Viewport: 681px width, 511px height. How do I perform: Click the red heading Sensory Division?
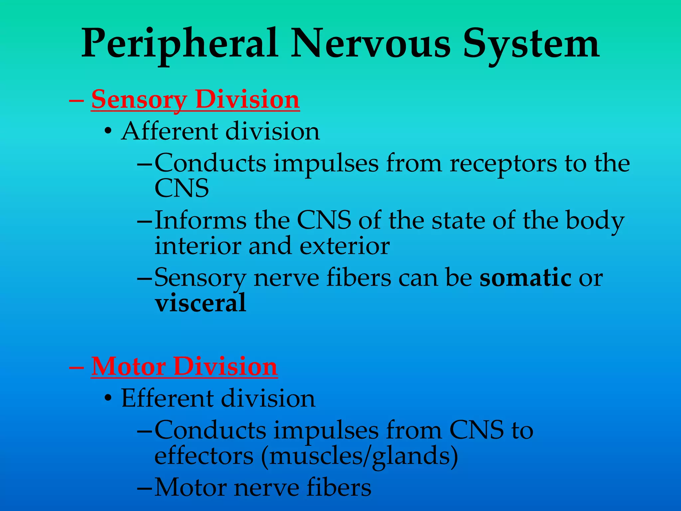[196, 99]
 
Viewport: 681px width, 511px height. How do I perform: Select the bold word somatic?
[525, 277]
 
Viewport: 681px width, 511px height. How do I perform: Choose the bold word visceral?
[201, 303]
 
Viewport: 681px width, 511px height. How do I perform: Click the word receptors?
[503, 163]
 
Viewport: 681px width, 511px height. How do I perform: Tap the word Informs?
[201, 220]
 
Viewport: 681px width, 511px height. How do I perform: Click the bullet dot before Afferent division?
[107, 132]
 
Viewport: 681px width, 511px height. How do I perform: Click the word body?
[595, 221]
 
